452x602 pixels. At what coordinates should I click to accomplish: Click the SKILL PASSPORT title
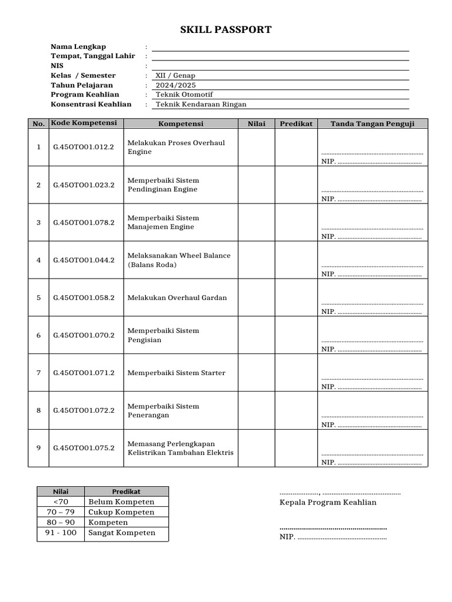[x=225, y=30]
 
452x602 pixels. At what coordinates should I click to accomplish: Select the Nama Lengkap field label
[x=78, y=46]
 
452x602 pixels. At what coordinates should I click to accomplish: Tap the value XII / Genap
[x=175, y=75]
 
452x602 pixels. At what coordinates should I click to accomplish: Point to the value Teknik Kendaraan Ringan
[x=201, y=104]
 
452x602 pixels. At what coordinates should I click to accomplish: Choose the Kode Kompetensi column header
[x=84, y=123]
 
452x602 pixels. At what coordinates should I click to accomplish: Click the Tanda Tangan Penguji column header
[x=373, y=123]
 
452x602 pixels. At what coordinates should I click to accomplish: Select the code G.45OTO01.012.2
[x=84, y=147]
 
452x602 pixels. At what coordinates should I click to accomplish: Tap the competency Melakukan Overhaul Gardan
[x=177, y=297]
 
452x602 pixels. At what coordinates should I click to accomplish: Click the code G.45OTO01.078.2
[x=84, y=222]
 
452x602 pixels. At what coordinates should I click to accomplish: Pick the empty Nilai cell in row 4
[x=257, y=260]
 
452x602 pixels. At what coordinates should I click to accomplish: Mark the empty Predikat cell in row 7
[x=297, y=373]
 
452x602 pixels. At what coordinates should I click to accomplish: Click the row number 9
[x=39, y=448]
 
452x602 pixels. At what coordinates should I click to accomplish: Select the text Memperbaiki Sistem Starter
[x=177, y=373]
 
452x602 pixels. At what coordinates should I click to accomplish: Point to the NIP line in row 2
[x=371, y=199]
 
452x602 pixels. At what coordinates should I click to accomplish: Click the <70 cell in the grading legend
[x=61, y=501]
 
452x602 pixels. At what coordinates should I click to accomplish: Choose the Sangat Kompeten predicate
[x=122, y=533]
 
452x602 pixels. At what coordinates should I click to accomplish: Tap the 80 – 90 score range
[x=61, y=522]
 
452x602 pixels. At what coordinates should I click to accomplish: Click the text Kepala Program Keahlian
[x=328, y=502]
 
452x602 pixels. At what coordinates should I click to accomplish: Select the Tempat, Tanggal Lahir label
[x=93, y=56]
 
